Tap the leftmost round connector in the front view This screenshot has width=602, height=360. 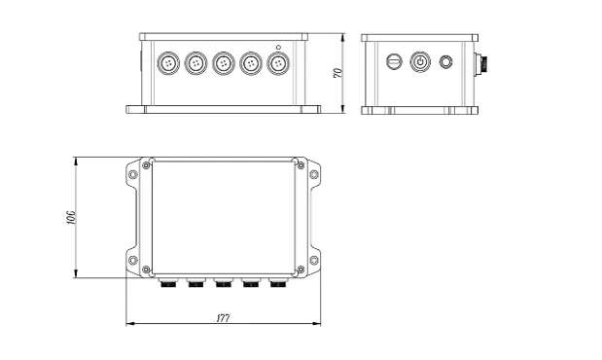(169, 64)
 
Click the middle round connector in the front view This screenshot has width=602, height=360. (224, 64)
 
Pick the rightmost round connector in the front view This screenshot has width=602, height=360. (278, 64)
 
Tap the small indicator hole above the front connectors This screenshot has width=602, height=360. (279, 47)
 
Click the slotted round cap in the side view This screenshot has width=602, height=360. (394, 62)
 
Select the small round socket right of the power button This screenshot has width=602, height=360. (446, 62)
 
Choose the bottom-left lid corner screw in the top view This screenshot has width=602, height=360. (147, 270)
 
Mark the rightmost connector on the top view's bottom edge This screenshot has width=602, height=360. (277, 284)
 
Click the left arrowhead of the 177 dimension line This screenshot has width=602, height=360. (130, 322)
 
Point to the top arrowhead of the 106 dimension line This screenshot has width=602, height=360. (76, 159)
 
